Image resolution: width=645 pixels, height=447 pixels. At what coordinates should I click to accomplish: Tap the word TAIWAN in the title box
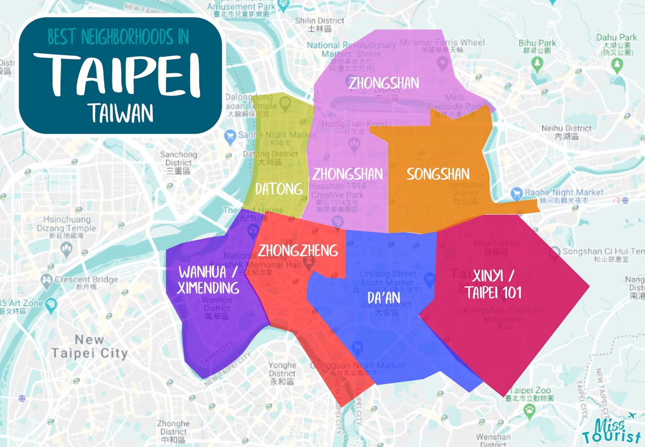(x=121, y=113)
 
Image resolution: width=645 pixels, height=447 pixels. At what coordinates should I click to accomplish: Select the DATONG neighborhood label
(x=279, y=189)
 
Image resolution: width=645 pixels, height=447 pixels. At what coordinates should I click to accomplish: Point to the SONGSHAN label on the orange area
(x=438, y=174)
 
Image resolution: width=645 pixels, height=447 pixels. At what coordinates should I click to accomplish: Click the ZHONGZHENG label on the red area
(x=298, y=251)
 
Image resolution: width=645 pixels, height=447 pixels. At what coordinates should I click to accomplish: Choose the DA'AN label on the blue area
(x=384, y=298)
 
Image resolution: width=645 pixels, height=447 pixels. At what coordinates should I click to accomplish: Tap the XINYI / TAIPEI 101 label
(x=494, y=284)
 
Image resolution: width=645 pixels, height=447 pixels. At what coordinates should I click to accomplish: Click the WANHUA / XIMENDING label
(x=209, y=279)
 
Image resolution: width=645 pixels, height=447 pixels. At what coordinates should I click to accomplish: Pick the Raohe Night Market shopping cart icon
(x=516, y=194)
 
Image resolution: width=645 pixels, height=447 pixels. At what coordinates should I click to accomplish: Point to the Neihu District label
(x=566, y=132)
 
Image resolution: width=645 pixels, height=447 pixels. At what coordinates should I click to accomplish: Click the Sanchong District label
(x=178, y=162)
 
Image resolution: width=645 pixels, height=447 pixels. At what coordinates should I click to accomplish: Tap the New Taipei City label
(x=89, y=346)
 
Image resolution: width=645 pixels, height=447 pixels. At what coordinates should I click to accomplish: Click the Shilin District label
(x=320, y=24)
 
